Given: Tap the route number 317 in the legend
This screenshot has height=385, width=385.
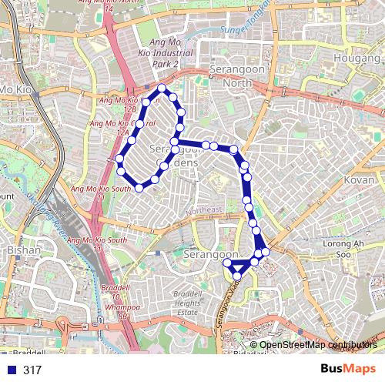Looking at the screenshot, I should tap(32, 370).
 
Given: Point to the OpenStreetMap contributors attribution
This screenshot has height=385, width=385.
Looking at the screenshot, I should tap(318, 346).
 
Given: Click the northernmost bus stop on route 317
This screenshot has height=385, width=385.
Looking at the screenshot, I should tap(162, 89).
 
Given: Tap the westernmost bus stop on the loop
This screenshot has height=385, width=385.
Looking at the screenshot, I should tap(119, 159).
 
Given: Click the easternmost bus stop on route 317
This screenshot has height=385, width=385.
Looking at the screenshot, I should tap(266, 252).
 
